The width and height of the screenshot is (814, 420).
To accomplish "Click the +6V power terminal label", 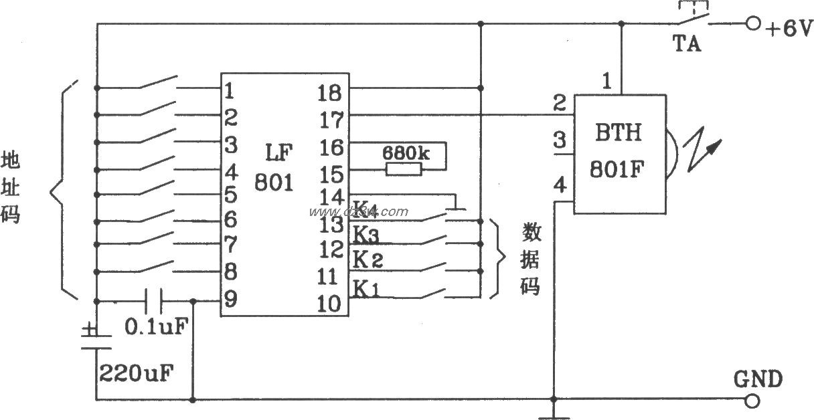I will coord(789,29).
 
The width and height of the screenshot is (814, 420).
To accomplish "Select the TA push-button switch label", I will coord(687,44).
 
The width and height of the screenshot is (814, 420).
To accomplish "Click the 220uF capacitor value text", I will coord(137,372).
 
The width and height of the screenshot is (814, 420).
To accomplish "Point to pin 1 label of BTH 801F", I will coord(606,82).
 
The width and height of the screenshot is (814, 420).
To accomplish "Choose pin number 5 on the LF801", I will coord(230,196).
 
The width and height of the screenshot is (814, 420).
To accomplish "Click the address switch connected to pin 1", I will coord(159,84).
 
